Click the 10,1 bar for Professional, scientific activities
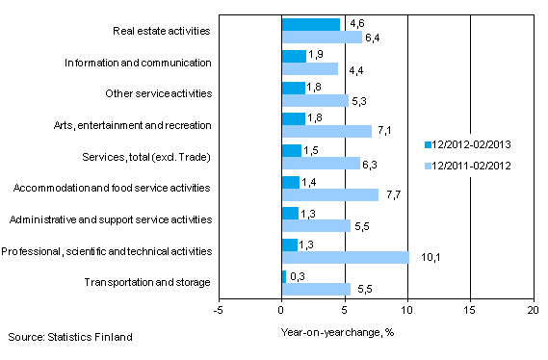pos(345,257)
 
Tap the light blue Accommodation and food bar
pos(329,194)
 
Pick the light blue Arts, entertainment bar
pos(326,131)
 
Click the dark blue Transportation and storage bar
pos(283,276)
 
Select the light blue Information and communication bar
pos(309,68)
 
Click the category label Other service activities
pos(158,93)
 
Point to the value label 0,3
pos(298,275)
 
